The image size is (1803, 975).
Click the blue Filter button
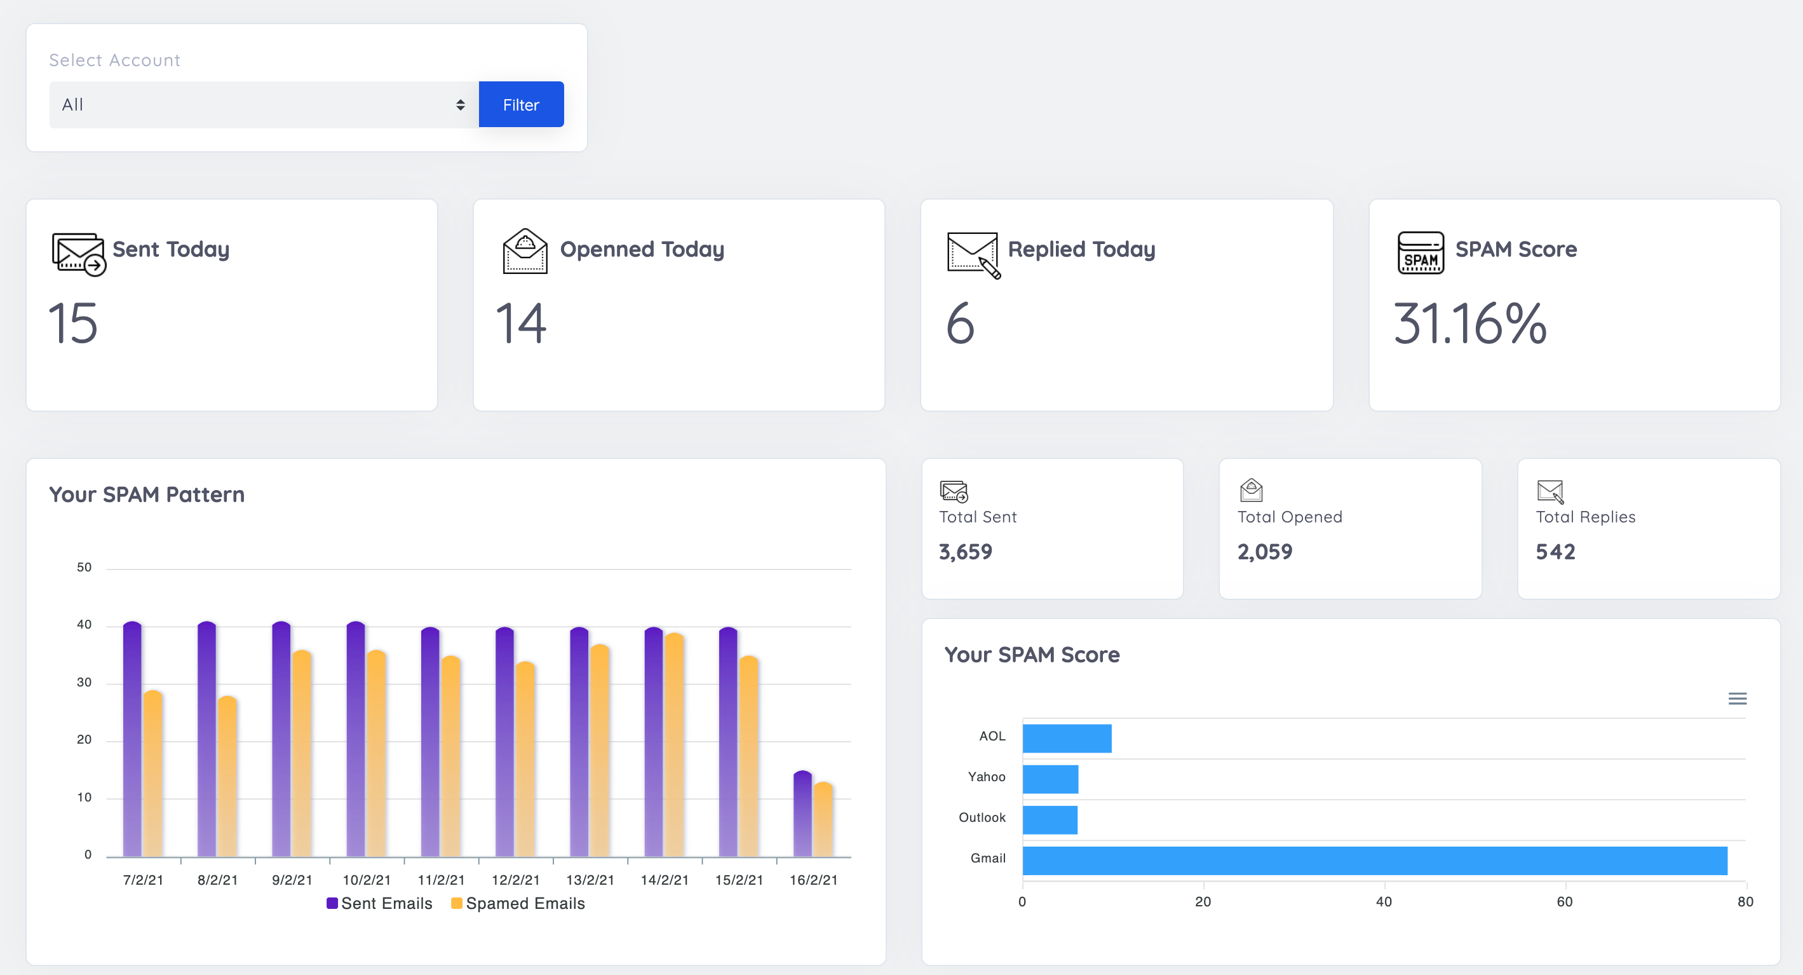point(521,104)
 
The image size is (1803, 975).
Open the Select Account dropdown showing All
point(263,104)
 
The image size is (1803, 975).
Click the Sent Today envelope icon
point(78,254)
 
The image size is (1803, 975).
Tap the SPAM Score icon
point(1420,252)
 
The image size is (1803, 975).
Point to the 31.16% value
point(1470,324)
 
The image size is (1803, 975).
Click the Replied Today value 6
point(961,324)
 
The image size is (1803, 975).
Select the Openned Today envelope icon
point(525,252)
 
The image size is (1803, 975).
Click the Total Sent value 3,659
point(965,552)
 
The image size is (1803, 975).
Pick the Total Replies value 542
point(1555,552)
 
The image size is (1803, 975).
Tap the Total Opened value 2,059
point(1265,552)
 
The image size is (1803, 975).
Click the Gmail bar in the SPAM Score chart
point(1374,861)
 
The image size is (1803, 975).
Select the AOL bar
point(1067,739)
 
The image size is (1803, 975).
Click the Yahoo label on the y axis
point(986,777)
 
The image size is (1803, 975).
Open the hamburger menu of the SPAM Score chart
point(1737,699)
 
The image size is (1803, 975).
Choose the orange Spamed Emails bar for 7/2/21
point(152,774)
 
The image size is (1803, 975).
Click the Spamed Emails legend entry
point(518,904)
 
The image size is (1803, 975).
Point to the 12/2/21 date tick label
point(516,880)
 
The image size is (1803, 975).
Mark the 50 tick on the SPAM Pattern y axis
point(84,568)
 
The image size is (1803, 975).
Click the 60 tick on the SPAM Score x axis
point(1564,901)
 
